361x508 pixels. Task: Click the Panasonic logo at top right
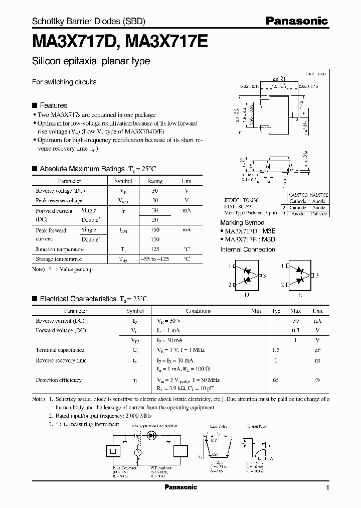[x=297, y=21]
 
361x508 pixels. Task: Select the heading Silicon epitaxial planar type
[x=91, y=62]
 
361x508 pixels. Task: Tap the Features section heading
[x=53, y=105]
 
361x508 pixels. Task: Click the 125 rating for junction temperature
[x=155, y=249]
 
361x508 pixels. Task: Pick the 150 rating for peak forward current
[x=155, y=230]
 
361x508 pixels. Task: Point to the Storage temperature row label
[x=58, y=260]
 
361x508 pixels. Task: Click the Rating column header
[x=155, y=181]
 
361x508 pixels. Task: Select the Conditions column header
[x=199, y=311]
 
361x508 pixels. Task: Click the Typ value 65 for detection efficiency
[x=276, y=380]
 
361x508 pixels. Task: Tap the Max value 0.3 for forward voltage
[x=296, y=330]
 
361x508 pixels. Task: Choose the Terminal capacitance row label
[x=60, y=350]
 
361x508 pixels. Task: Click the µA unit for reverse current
[x=317, y=320]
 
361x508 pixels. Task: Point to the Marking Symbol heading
[x=243, y=222]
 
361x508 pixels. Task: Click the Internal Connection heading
[x=248, y=249]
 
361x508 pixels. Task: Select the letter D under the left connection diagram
[x=246, y=295]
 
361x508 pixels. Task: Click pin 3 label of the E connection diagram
[x=317, y=276]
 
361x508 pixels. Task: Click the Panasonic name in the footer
[x=180, y=487]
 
